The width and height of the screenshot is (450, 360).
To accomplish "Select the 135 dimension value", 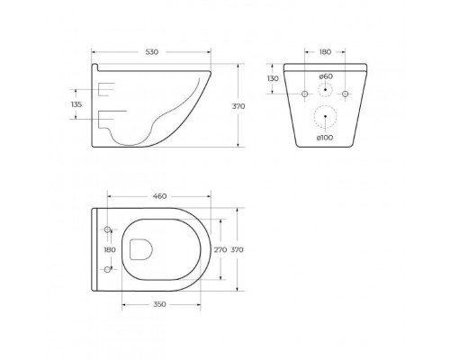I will (76, 105).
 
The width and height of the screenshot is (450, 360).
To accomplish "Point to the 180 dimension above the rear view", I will (325, 52).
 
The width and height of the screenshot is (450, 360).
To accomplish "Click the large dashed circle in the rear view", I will (325, 118).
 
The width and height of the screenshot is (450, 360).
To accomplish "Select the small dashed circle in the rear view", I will (325, 94).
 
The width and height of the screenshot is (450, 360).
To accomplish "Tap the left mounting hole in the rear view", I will (305, 94).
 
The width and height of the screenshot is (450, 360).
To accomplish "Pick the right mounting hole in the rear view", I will (345, 94).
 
